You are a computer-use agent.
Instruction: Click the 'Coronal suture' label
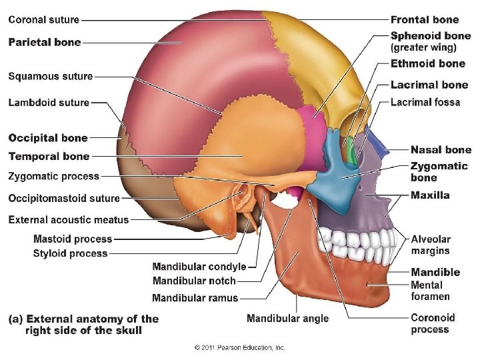[x=43, y=21]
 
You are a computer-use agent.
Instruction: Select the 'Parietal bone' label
[x=44, y=42]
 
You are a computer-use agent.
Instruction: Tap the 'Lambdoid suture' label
[x=49, y=103]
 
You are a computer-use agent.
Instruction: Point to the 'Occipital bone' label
[x=48, y=138]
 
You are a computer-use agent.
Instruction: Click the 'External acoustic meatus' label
[x=69, y=219]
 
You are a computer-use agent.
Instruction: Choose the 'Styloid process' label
[x=70, y=253]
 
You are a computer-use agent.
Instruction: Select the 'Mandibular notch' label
[x=194, y=281]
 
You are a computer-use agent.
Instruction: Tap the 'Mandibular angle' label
[x=287, y=319]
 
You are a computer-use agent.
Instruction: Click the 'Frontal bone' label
[x=425, y=20]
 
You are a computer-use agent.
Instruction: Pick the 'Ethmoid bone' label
[x=427, y=64]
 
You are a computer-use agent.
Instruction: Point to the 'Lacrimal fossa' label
[x=425, y=103]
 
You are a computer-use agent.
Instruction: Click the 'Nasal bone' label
[x=441, y=150]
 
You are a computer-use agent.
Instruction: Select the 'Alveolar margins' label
[x=431, y=245]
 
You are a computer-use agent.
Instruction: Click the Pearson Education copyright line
[x=240, y=348]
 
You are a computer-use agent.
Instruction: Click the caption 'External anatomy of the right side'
[x=83, y=325]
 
